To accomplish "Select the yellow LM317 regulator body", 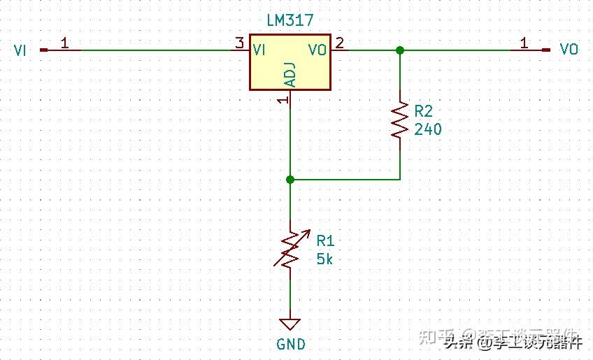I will point(290,63).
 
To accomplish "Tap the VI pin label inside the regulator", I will point(259,50).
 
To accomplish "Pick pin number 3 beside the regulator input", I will point(240,43).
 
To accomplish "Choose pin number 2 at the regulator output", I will point(340,43).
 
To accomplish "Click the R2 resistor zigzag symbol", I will point(399,120).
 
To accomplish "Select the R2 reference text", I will point(424,111).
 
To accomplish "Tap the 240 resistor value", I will point(428,129).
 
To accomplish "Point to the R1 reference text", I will point(326,241).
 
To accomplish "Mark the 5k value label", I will point(325,259).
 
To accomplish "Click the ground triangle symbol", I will point(290,324).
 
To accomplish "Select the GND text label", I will point(291,344).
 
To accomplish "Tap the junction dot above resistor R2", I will point(399,50).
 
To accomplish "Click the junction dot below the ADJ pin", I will point(290,180).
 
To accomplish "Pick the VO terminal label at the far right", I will point(569,50).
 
